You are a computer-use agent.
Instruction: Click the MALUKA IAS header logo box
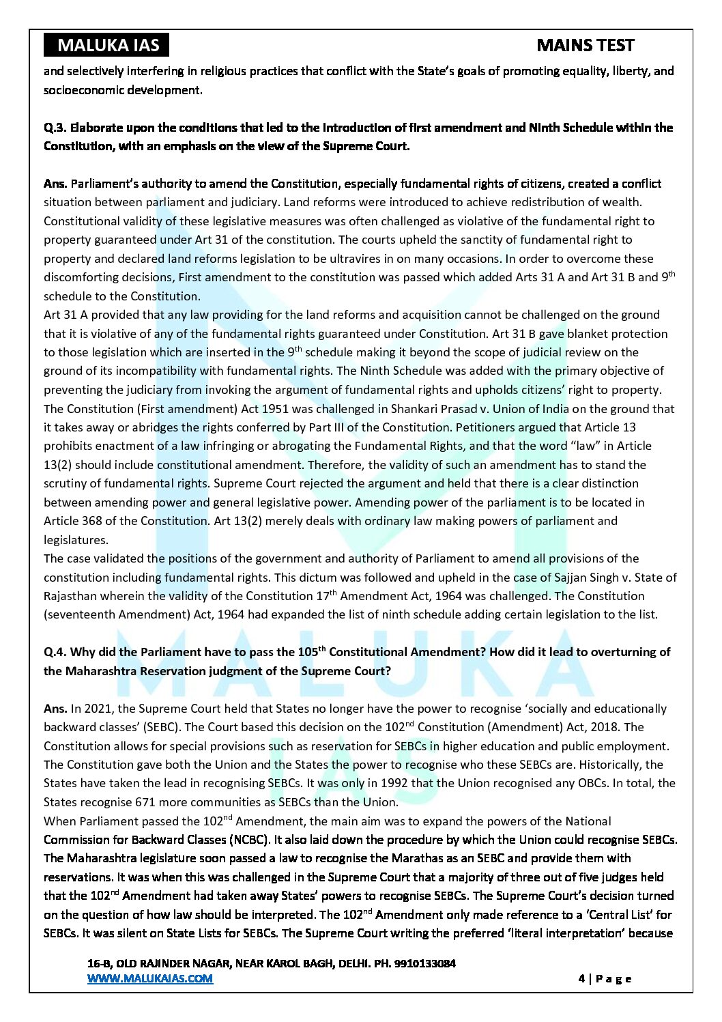tap(107, 46)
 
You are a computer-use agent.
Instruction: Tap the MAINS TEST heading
tap(585, 46)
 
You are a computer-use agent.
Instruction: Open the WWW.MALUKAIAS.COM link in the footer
tap(150, 978)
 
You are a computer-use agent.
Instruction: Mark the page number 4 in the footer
tap(581, 978)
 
